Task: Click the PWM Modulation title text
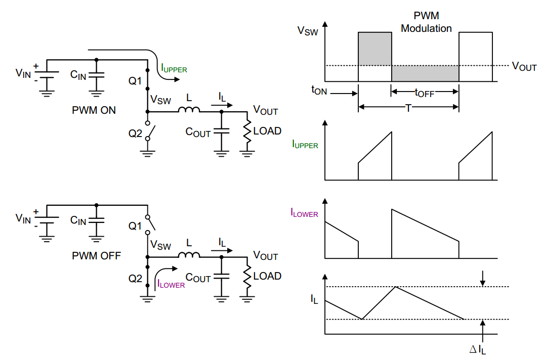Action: tap(426, 23)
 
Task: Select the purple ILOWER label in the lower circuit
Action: tap(171, 284)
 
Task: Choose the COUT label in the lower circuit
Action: tap(198, 278)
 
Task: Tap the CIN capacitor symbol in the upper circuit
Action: tap(96, 75)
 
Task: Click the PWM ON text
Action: tap(94, 110)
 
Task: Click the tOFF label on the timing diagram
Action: tap(424, 93)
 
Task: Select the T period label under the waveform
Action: tap(408, 108)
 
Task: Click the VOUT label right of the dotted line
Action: tap(524, 66)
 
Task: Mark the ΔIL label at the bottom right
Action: tap(478, 349)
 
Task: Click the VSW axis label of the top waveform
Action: tap(308, 31)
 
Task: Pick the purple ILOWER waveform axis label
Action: tap(304, 214)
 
